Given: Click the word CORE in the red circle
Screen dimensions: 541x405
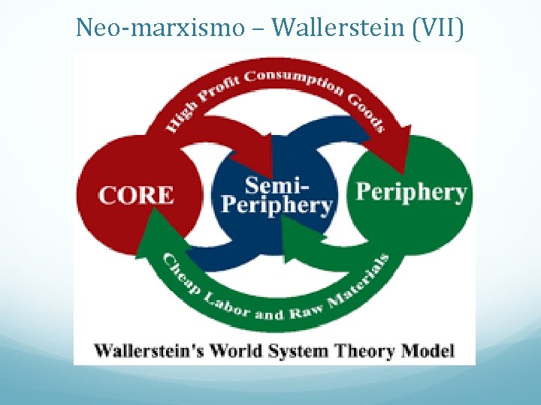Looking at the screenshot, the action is click(136, 194).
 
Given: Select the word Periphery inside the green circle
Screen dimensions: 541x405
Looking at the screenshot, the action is click(410, 192).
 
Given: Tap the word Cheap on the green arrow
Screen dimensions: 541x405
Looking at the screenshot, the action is click(178, 275).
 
